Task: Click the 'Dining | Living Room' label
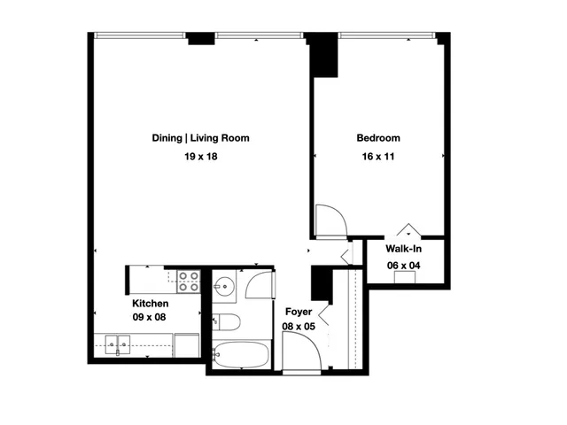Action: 200,138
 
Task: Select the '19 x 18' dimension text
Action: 200,157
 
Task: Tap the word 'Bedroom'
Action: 378,138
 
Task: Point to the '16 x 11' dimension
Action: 378,157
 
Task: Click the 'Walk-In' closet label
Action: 403,249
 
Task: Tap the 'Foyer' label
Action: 298,312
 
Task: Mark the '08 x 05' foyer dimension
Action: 298,327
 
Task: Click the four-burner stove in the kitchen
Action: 189,282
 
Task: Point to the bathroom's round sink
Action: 223,285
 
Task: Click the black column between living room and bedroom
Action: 323,56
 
